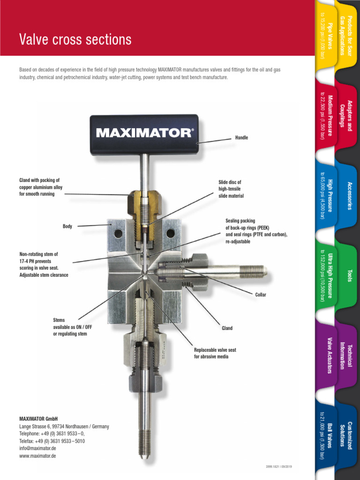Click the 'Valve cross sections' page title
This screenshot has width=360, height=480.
coord(75,40)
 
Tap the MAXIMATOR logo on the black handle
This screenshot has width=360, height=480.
coord(144,133)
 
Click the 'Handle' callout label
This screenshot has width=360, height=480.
coord(241,138)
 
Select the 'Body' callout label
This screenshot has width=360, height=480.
coord(67,226)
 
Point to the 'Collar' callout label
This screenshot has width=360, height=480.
coord(261,295)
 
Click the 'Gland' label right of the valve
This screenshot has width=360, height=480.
coord(227,328)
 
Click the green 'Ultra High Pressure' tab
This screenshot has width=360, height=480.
coord(326,277)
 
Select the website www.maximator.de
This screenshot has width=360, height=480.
coord(37,456)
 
